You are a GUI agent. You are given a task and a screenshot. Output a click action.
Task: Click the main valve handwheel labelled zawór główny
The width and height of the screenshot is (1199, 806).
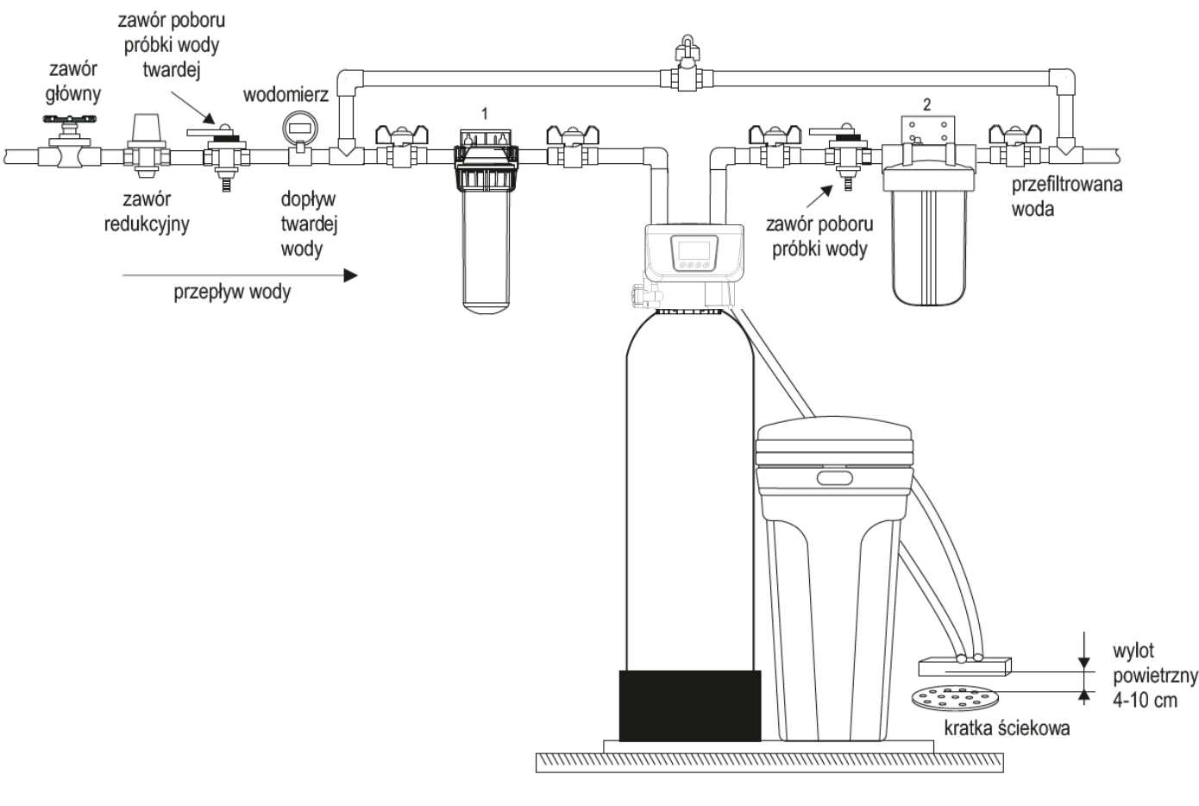[x=70, y=119]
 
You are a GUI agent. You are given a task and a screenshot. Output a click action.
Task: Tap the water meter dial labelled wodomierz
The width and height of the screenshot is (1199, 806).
[x=300, y=128]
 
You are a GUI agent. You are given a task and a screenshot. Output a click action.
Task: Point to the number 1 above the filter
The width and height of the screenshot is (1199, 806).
[x=485, y=114]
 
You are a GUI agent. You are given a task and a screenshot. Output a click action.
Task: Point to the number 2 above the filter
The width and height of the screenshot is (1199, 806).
[x=926, y=104]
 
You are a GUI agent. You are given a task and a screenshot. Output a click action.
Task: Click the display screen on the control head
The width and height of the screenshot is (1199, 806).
[x=694, y=249]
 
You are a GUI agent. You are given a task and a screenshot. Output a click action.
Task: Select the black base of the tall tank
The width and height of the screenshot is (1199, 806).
[x=690, y=706]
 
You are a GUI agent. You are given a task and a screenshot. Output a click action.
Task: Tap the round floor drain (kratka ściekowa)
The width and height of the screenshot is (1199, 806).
[x=956, y=698]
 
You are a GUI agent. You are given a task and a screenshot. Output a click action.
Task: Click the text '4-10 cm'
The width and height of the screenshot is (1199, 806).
[x=1145, y=700]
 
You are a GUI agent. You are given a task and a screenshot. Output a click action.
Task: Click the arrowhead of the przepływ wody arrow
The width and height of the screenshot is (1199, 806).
[x=350, y=276]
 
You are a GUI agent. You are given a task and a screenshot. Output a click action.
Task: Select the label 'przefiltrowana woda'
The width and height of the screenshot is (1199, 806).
[x=1066, y=197]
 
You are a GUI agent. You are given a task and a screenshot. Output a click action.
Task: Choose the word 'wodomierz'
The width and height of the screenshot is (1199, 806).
[x=286, y=95]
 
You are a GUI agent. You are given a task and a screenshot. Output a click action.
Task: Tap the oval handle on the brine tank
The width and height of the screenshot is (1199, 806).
[x=834, y=478]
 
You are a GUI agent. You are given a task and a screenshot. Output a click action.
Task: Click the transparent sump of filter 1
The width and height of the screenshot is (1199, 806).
[x=486, y=250]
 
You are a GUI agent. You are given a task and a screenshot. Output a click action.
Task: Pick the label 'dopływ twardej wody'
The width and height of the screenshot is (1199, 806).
[x=309, y=224]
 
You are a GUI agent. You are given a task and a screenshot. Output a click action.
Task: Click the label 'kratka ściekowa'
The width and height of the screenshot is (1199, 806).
[x=1007, y=728]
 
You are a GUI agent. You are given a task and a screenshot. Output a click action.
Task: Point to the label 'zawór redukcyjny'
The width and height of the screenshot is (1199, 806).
[x=147, y=212]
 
